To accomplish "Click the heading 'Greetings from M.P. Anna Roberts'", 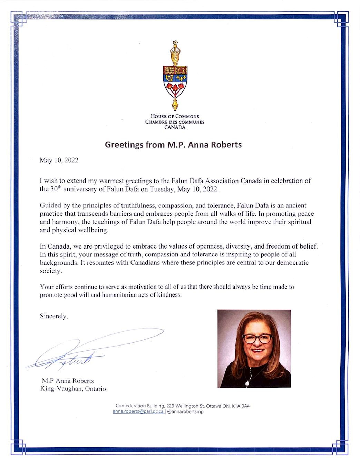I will [173, 144].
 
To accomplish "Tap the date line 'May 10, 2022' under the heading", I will [59, 160].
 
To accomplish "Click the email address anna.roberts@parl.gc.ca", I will [138, 411].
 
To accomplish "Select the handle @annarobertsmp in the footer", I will [185, 411].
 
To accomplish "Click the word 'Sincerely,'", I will [54, 316].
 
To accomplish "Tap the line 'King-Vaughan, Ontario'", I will [73, 389].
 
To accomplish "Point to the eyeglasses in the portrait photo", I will [257, 339].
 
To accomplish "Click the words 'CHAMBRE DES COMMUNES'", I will [175, 122].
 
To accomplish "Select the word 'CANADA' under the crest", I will [175, 127].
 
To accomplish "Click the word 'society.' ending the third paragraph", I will [51, 271].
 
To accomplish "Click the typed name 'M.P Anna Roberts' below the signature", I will [68, 381].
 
